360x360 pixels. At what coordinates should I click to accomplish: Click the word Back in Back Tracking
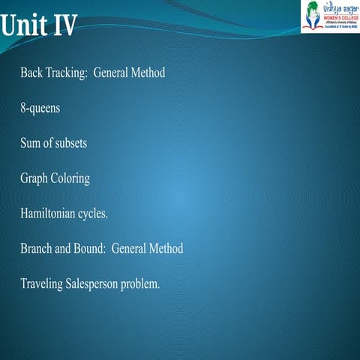[x=31, y=73]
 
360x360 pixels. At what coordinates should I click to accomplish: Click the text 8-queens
[x=40, y=109]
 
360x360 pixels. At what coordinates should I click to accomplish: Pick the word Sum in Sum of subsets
[x=31, y=143]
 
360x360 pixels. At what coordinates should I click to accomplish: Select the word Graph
[x=34, y=178]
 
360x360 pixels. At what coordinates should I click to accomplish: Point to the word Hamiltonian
[x=48, y=213]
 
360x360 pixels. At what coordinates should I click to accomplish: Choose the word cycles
[x=94, y=214]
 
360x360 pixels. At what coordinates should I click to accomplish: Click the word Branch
[x=37, y=248]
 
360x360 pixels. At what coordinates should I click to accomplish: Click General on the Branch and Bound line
[x=128, y=248]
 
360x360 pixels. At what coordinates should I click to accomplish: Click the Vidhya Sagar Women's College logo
[x=330, y=16]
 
